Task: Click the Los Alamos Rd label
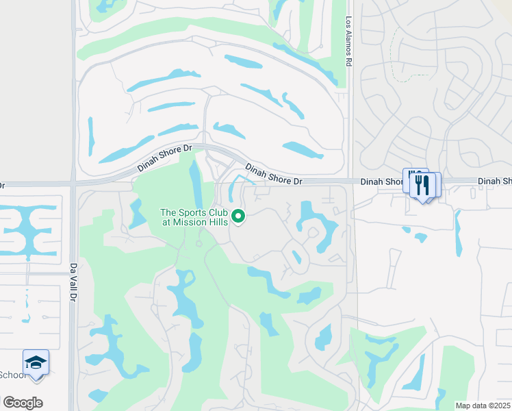348,41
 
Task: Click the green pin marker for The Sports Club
238,216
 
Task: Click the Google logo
23,403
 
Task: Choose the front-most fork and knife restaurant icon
422,186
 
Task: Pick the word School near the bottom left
12,374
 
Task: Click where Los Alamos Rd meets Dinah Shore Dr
350,182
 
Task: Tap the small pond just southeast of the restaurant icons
420,238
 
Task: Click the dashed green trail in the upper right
393,55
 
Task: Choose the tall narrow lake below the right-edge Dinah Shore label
458,233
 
